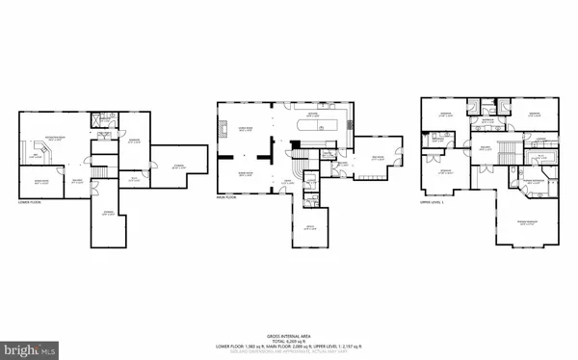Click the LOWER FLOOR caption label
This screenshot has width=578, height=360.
pos(30,203)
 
